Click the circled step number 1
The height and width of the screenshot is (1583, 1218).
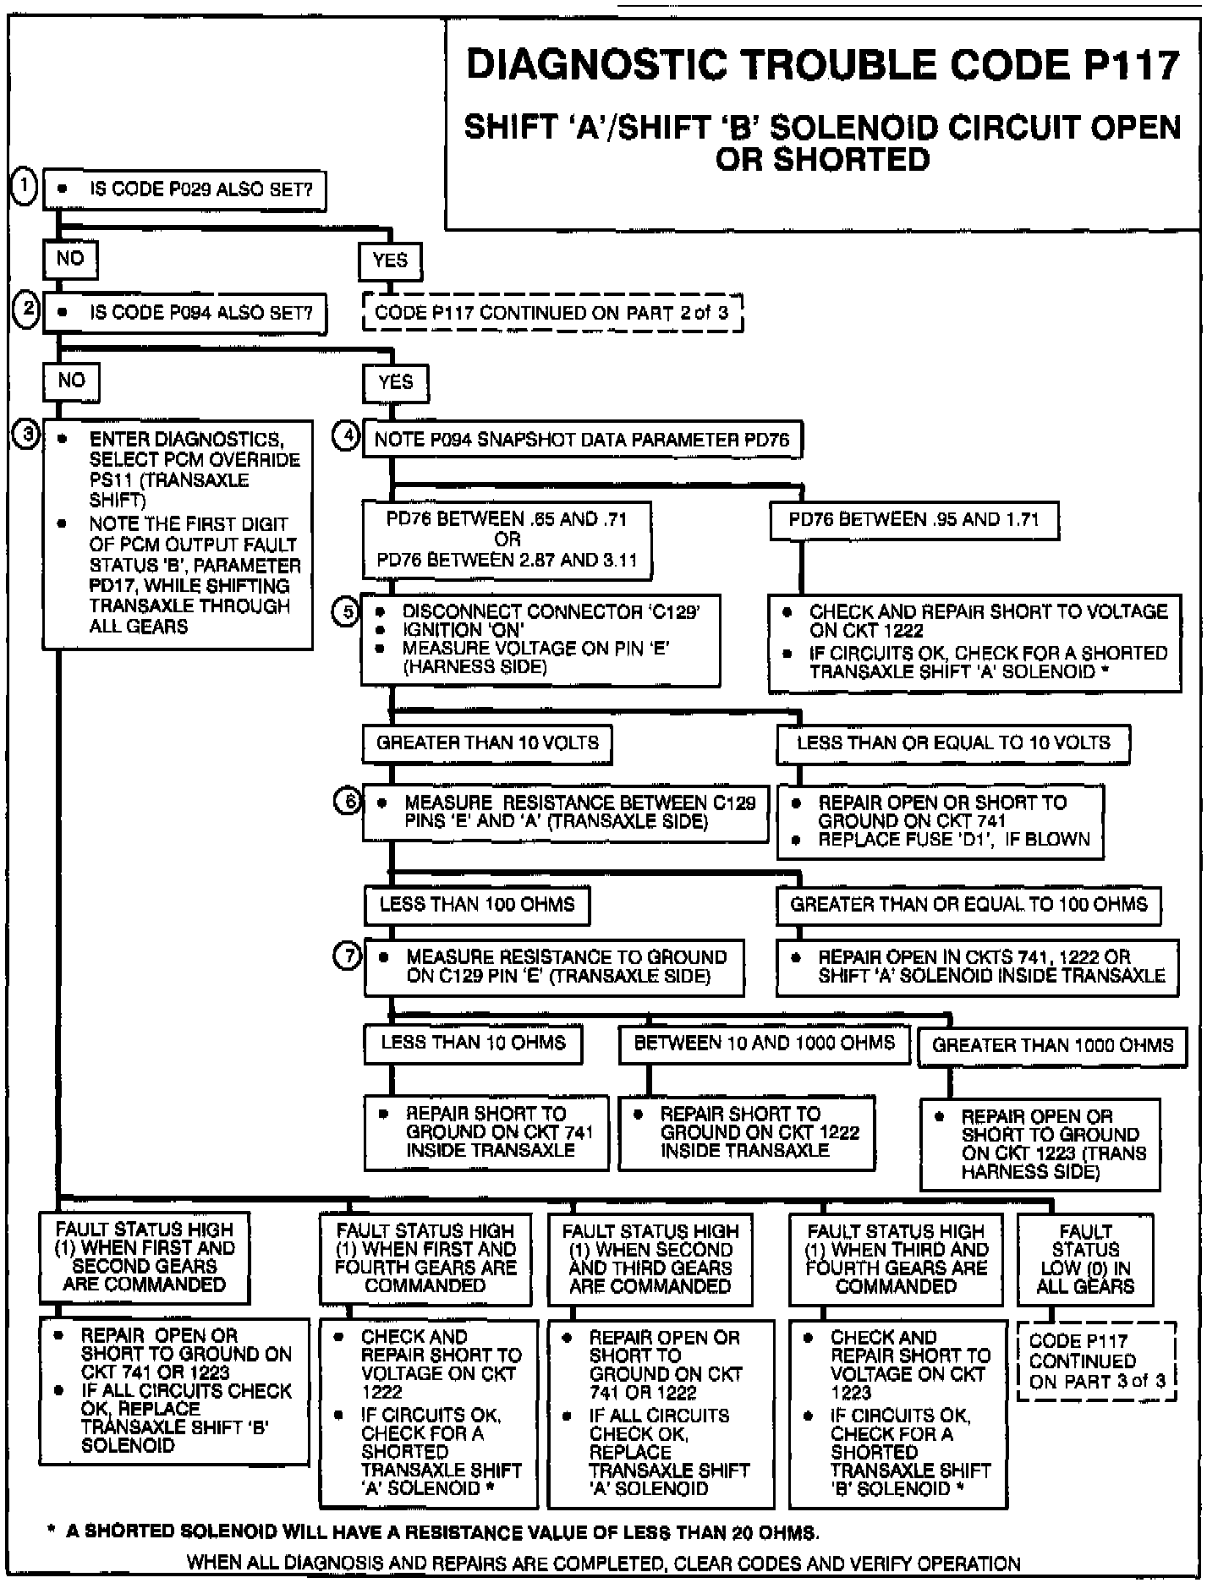[25, 187]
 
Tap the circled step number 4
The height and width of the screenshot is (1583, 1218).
[346, 437]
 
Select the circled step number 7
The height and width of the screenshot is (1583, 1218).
[348, 956]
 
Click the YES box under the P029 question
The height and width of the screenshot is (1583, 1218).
[390, 260]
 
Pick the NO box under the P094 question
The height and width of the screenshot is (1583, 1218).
[71, 381]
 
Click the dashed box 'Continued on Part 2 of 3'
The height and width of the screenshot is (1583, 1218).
[551, 313]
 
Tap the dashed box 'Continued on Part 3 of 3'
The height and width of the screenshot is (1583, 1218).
[1096, 1361]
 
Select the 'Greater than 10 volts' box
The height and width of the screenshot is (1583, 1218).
[487, 743]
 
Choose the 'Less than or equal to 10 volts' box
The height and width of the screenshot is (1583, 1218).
[953, 743]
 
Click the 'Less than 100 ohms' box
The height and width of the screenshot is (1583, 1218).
[477, 905]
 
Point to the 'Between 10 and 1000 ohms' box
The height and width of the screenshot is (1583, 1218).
[764, 1043]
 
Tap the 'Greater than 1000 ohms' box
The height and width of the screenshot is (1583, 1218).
[1052, 1045]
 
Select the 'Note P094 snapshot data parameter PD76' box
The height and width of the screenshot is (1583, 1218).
[582, 440]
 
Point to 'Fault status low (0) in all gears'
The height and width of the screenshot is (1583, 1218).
[1085, 1259]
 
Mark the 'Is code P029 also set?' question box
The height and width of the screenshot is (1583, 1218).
[184, 189]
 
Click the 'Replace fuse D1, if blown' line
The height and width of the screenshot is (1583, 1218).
[953, 840]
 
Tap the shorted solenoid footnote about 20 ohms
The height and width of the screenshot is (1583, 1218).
[440, 1531]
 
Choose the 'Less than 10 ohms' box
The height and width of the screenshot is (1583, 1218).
[473, 1043]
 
